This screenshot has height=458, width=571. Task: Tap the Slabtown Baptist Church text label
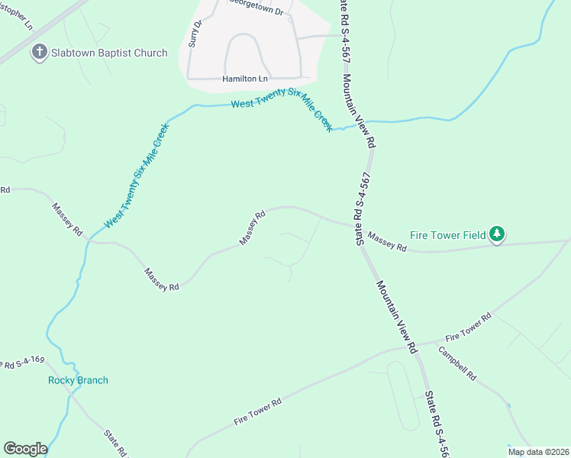pyautogui.click(x=108, y=53)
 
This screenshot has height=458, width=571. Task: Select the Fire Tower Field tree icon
pyautogui.click(x=498, y=234)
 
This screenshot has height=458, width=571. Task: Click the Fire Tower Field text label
pyautogui.click(x=447, y=235)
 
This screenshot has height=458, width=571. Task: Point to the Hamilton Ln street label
pyautogui.click(x=246, y=79)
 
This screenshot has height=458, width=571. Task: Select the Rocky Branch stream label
pyautogui.click(x=78, y=380)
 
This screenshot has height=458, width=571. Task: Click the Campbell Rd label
pyautogui.click(x=457, y=364)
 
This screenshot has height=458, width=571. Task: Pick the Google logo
pyautogui.click(x=25, y=449)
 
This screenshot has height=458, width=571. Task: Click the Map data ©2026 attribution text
pyautogui.click(x=537, y=452)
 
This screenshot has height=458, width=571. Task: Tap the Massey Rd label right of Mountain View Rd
pyautogui.click(x=386, y=241)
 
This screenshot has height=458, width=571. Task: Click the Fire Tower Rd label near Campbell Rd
pyautogui.click(x=467, y=327)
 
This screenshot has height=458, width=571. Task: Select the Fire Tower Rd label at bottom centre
pyautogui.click(x=258, y=411)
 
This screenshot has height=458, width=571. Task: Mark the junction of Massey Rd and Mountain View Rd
pyautogui.click(x=359, y=225)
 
